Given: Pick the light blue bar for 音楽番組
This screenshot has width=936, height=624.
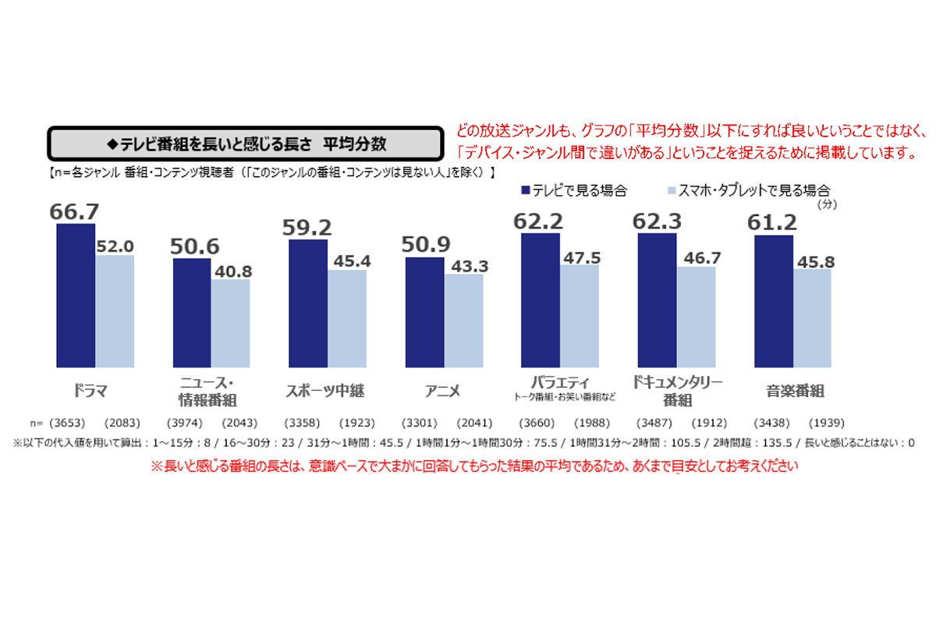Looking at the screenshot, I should tap(813, 317).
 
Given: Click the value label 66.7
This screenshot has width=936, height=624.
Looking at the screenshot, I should tap(75, 211).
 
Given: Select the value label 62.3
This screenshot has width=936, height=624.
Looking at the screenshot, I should tap(657, 221).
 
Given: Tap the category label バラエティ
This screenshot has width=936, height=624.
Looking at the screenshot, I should tap(560, 382).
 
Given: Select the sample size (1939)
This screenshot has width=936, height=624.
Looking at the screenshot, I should tap(825, 423).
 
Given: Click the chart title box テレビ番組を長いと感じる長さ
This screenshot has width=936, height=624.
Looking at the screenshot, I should tap(242, 144).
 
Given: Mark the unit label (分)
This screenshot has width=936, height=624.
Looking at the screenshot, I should tap(826, 204).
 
